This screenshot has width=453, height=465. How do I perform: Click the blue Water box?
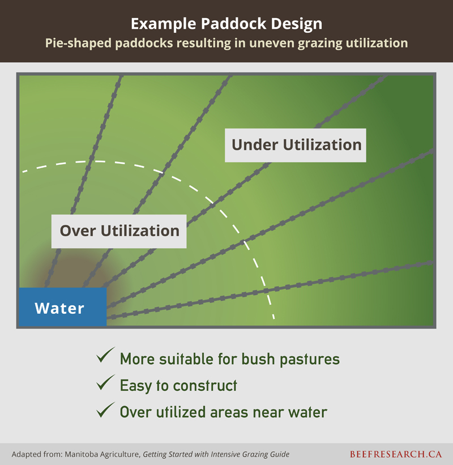tap(63, 307)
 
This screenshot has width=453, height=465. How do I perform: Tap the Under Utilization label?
tap(296, 146)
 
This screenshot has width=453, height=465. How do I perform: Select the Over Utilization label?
tap(119, 231)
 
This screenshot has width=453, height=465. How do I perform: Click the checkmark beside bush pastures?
tap(105, 355)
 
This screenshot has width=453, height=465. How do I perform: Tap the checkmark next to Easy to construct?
tap(105, 382)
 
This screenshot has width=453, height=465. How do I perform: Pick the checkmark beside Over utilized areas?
tap(105, 410)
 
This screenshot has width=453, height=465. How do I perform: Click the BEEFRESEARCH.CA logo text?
tap(396, 454)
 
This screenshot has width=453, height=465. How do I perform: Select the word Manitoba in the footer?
tap(81, 454)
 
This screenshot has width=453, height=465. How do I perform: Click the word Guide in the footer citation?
tap(280, 454)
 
